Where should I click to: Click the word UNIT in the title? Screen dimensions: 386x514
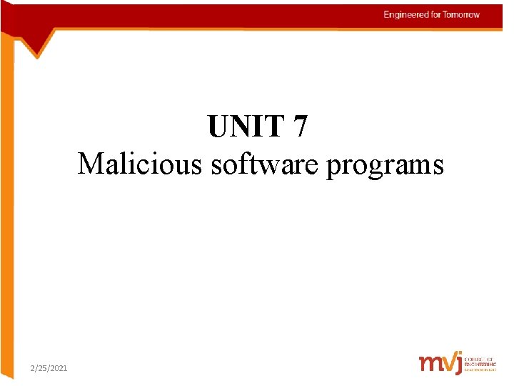246,127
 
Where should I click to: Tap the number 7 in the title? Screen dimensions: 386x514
301,127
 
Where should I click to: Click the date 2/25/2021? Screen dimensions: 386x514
49,367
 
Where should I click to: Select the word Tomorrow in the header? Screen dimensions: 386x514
460,15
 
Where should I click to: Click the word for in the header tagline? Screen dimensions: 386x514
435,15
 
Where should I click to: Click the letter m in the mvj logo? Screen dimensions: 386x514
430,363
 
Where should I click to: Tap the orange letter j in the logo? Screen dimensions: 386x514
456,363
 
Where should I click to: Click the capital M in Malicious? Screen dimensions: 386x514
89,164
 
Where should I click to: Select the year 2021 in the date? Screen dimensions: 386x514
59,367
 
